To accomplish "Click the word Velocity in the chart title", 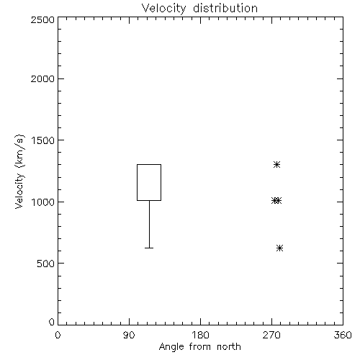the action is click(164, 9).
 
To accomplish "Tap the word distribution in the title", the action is click(225, 8).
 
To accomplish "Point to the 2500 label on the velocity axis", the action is click(42, 19).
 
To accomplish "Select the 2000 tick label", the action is click(42, 78).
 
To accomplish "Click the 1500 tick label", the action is click(43, 140).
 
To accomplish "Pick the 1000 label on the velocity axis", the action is click(43, 202).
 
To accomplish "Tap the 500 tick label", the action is click(46, 264).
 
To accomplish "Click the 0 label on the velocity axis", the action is click(52, 322).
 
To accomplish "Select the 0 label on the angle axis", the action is click(58, 335).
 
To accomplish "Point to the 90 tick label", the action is click(129, 335).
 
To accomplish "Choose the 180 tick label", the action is click(200, 335).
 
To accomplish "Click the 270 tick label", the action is click(271, 335).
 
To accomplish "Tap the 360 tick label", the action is click(343, 335).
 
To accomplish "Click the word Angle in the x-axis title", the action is click(171, 347).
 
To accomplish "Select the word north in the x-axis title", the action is click(229, 346).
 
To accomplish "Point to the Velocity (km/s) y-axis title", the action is click(19, 171).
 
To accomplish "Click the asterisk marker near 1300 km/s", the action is click(276, 164).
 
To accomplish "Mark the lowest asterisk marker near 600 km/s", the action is click(279, 248).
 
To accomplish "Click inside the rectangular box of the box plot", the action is click(149, 182).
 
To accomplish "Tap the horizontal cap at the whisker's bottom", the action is click(149, 248).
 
